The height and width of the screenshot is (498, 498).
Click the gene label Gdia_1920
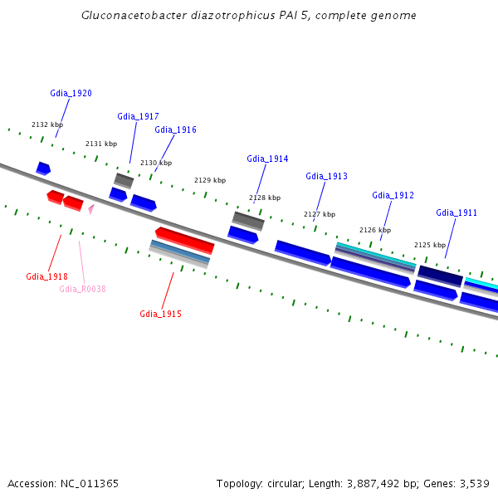click(71, 93)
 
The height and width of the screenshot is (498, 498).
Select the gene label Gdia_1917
click(138, 116)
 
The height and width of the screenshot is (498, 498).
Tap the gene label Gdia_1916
click(175, 129)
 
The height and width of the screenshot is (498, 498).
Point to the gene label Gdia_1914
click(267, 159)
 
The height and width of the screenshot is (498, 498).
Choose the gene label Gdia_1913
click(326, 176)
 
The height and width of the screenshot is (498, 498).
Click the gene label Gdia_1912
click(393, 195)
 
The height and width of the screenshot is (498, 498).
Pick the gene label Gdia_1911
click(456, 212)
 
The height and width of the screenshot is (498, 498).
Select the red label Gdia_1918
click(46, 276)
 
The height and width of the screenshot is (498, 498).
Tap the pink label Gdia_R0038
click(82, 289)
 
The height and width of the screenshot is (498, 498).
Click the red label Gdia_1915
click(160, 314)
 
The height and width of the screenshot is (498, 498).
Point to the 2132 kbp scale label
click(46, 124)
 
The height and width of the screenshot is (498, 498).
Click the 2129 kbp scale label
click(210, 180)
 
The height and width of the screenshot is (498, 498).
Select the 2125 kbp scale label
click(430, 245)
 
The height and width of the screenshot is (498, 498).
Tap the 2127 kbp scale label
click(320, 214)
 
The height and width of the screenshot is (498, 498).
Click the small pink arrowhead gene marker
click(90, 209)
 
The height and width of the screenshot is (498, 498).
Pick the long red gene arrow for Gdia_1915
click(185, 240)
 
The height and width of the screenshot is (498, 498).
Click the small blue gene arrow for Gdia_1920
click(43, 168)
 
